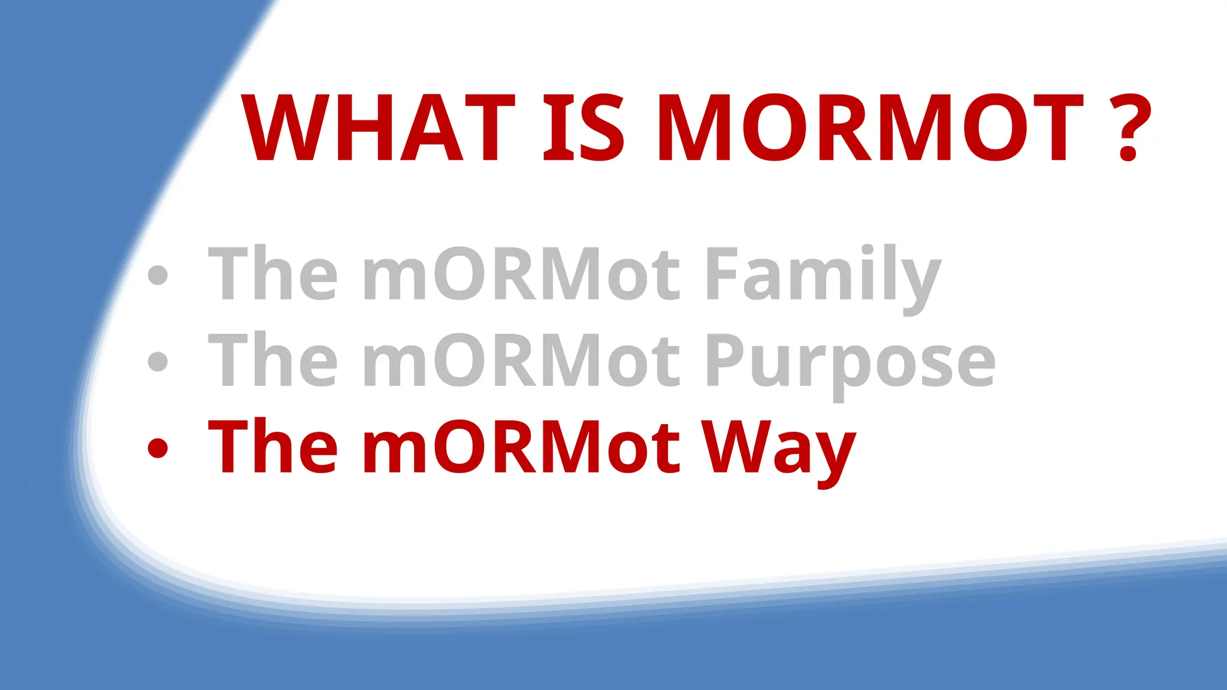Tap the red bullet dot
158,448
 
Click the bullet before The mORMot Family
158,275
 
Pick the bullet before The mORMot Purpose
158,361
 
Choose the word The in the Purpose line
273,359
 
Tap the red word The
273,446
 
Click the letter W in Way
735,446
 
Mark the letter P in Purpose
725,359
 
